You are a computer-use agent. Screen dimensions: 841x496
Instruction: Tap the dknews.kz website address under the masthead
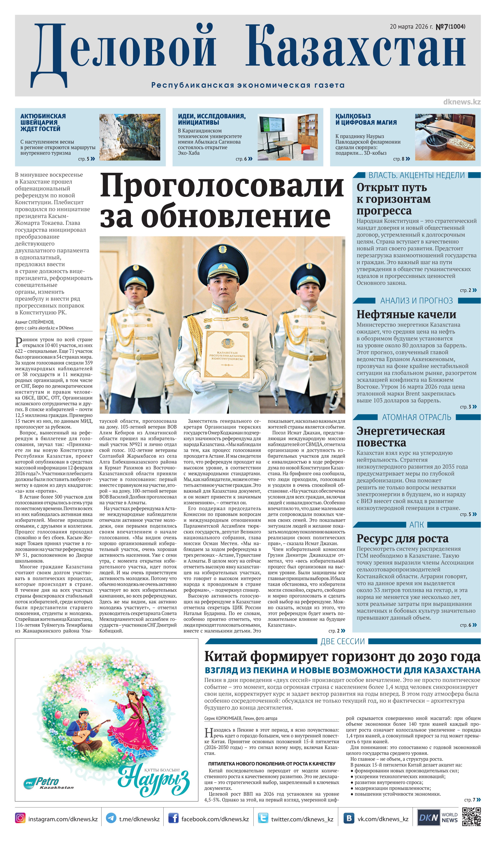[462, 102]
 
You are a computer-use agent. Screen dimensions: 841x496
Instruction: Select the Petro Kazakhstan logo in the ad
[48, 783]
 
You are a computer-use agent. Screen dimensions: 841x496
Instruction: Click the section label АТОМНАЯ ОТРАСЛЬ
[416, 417]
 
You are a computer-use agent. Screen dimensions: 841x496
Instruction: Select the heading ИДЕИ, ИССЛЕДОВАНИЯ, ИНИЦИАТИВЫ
[212, 119]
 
